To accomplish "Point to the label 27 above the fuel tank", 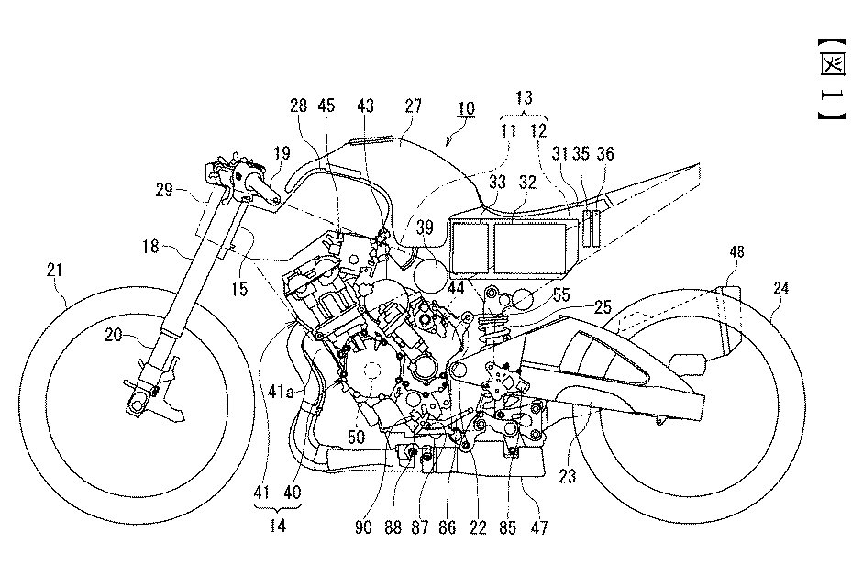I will (413, 106).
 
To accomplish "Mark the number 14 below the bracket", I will (277, 527).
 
